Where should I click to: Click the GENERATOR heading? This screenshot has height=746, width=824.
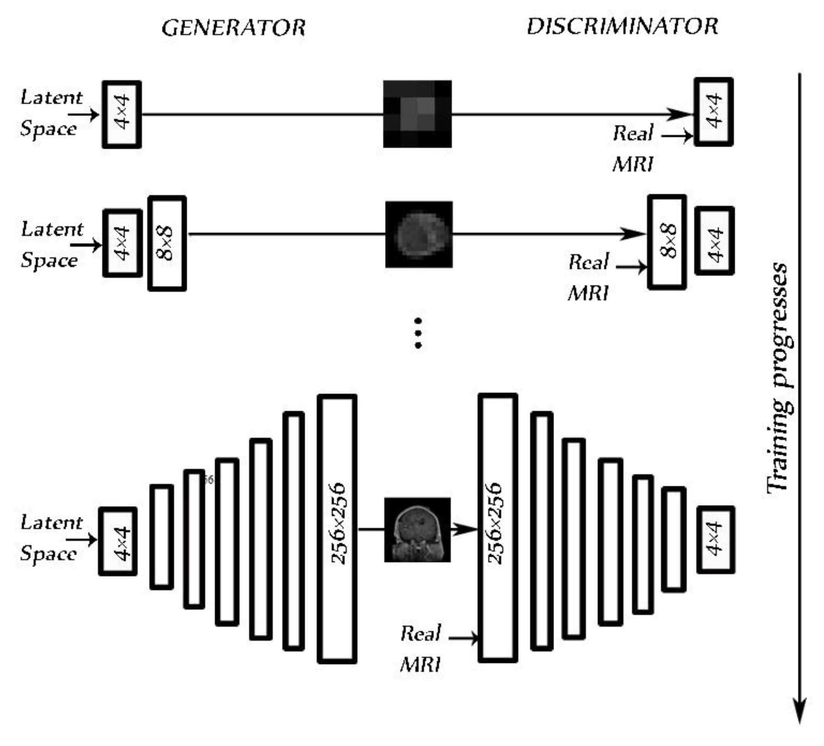pos(233,28)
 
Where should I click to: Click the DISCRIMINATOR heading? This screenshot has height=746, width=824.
pos(622,27)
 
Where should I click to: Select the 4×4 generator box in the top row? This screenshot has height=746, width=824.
pos(122,114)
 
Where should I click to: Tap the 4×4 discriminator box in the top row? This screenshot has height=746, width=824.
pos(713,112)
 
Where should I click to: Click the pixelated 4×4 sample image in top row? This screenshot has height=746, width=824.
pos(417,114)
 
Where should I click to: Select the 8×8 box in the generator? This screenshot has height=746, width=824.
pos(167,243)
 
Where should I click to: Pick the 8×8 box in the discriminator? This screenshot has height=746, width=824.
pos(667,242)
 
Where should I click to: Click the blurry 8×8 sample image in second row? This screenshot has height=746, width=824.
pos(419,234)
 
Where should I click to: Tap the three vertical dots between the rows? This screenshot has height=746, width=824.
pos(418,333)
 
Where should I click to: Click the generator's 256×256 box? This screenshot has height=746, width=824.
pos(337,528)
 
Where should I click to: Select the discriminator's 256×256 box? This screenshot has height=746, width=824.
pos(498,527)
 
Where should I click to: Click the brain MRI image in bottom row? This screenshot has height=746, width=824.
pos(417,530)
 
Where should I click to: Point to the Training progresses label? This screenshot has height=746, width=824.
pos(779,378)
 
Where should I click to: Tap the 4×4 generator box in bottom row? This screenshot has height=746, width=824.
pos(118,541)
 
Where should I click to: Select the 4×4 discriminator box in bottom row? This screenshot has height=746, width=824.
pos(716,539)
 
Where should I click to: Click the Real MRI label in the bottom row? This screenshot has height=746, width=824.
pos(420,648)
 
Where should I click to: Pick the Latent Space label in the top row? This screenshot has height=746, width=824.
pos(51,113)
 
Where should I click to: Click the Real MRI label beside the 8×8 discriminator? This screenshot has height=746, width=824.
pos(589,277)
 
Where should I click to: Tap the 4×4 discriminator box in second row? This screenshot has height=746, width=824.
pos(715,240)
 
